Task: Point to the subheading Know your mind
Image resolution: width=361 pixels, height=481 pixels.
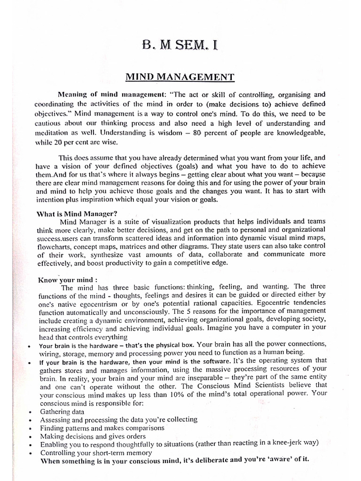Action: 67,279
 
